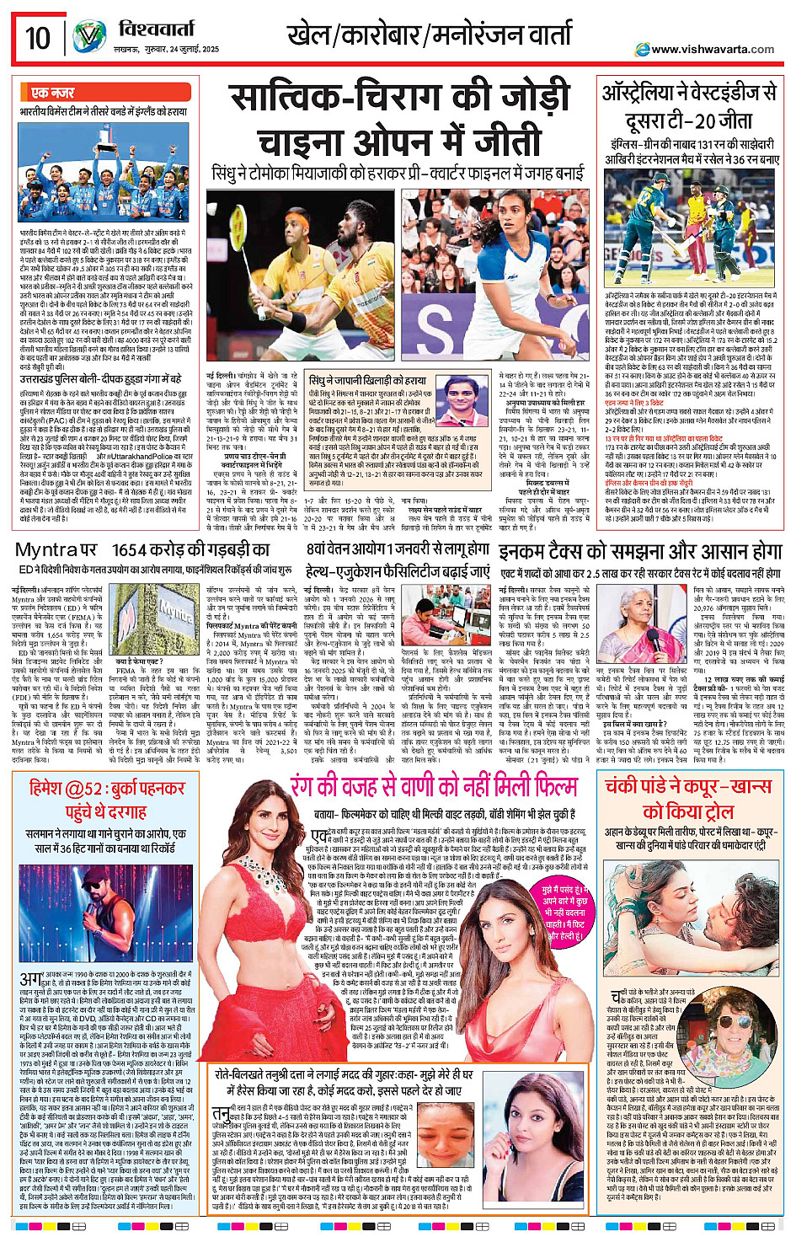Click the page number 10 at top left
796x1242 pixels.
click(37, 38)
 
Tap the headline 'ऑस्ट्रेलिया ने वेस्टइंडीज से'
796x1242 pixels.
click(689, 94)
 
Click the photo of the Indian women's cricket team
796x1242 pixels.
click(105, 173)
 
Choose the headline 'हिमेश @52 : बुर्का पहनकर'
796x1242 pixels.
click(107, 790)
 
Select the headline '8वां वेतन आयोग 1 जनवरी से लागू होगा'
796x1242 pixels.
click(397, 549)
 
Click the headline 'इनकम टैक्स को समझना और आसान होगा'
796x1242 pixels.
click(640, 551)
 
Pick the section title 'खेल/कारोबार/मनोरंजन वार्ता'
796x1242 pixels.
click(430, 37)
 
